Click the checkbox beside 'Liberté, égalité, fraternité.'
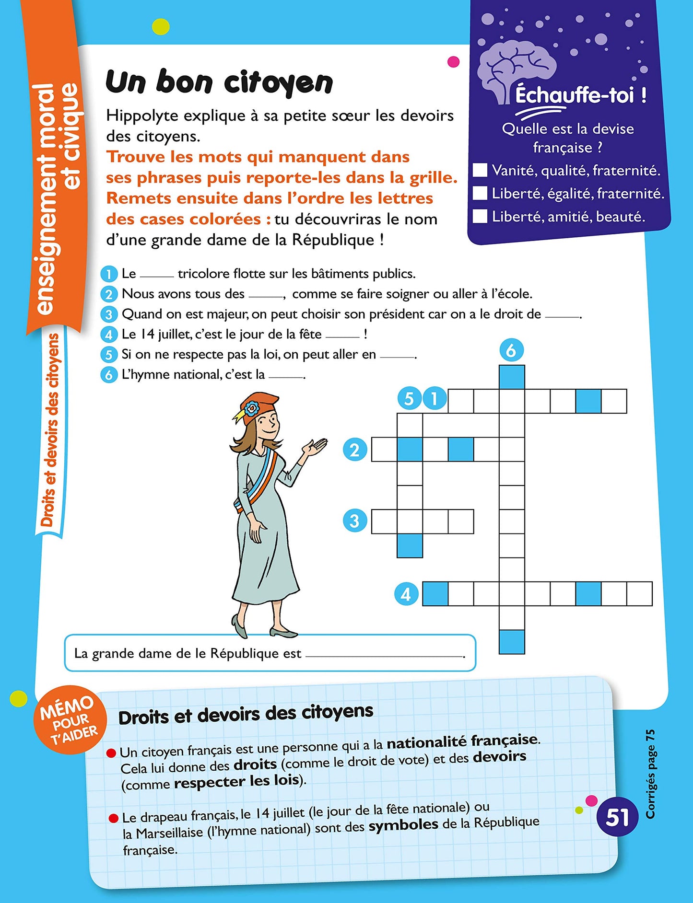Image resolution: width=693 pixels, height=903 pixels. (x=480, y=193)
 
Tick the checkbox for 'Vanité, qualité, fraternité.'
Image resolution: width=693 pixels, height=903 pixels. (x=480, y=170)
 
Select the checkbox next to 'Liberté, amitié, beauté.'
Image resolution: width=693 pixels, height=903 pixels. (x=480, y=216)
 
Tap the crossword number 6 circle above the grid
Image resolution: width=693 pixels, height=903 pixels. (x=511, y=350)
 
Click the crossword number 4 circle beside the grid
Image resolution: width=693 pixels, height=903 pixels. (x=406, y=594)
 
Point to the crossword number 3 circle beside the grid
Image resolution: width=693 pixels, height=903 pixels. (x=355, y=521)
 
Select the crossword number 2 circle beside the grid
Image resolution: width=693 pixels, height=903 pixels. (x=355, y=450)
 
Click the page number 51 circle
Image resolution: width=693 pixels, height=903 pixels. (x=617, y=817)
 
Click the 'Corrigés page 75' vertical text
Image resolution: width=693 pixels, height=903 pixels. (x=650, y=774)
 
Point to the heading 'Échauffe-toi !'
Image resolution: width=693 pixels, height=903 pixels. (x=580, y=95)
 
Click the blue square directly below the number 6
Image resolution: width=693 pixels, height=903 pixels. (x=512, y=377)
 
